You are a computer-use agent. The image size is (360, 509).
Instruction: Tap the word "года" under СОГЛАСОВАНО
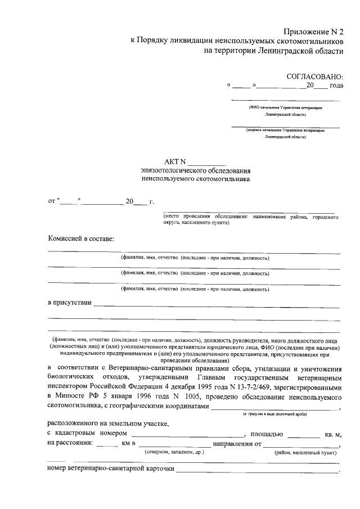336,86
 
